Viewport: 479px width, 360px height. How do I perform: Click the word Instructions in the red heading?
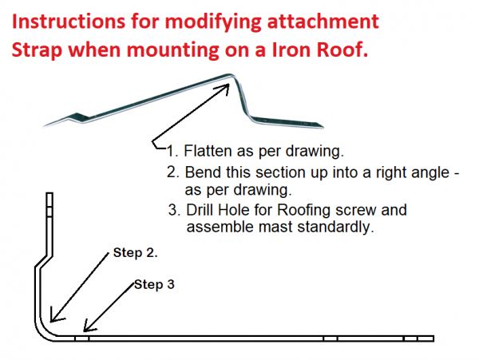69,22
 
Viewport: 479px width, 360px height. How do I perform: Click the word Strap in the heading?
38,50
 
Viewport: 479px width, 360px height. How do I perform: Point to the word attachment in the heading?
323,22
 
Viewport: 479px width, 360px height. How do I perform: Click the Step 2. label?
136,253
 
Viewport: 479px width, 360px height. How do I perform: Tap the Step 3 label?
154,285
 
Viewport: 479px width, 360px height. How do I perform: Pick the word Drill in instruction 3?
200,210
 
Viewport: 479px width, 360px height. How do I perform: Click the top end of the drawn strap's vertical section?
49,193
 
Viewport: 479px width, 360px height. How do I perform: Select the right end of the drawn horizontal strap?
433,338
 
